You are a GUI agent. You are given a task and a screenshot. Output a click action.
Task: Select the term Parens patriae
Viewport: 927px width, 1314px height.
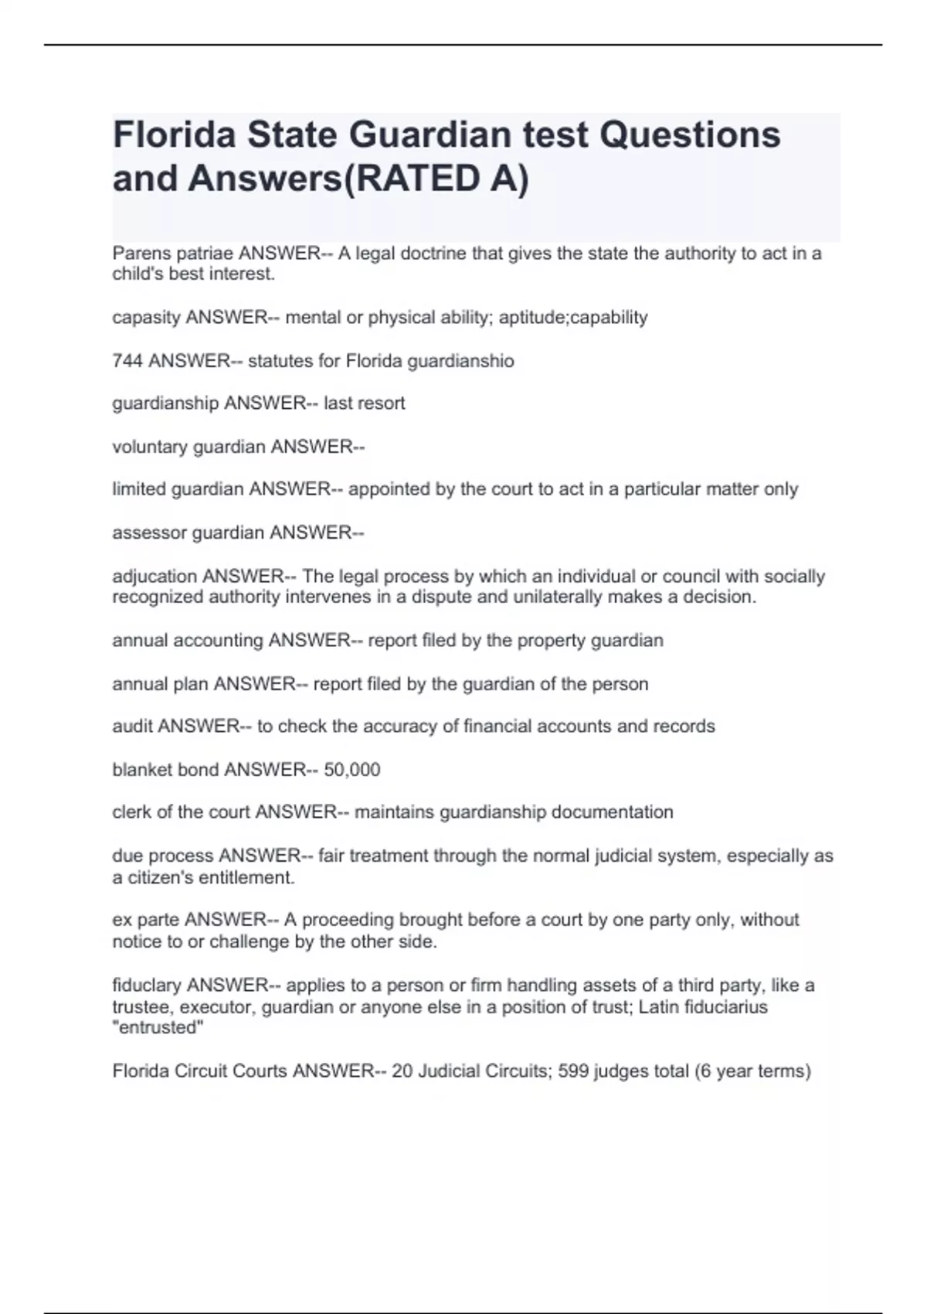[x=172, y=254]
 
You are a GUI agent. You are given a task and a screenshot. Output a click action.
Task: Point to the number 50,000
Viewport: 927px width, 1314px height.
[x=351, y=770]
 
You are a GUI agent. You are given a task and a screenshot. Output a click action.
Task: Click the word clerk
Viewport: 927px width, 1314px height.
[x=131, y=812]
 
